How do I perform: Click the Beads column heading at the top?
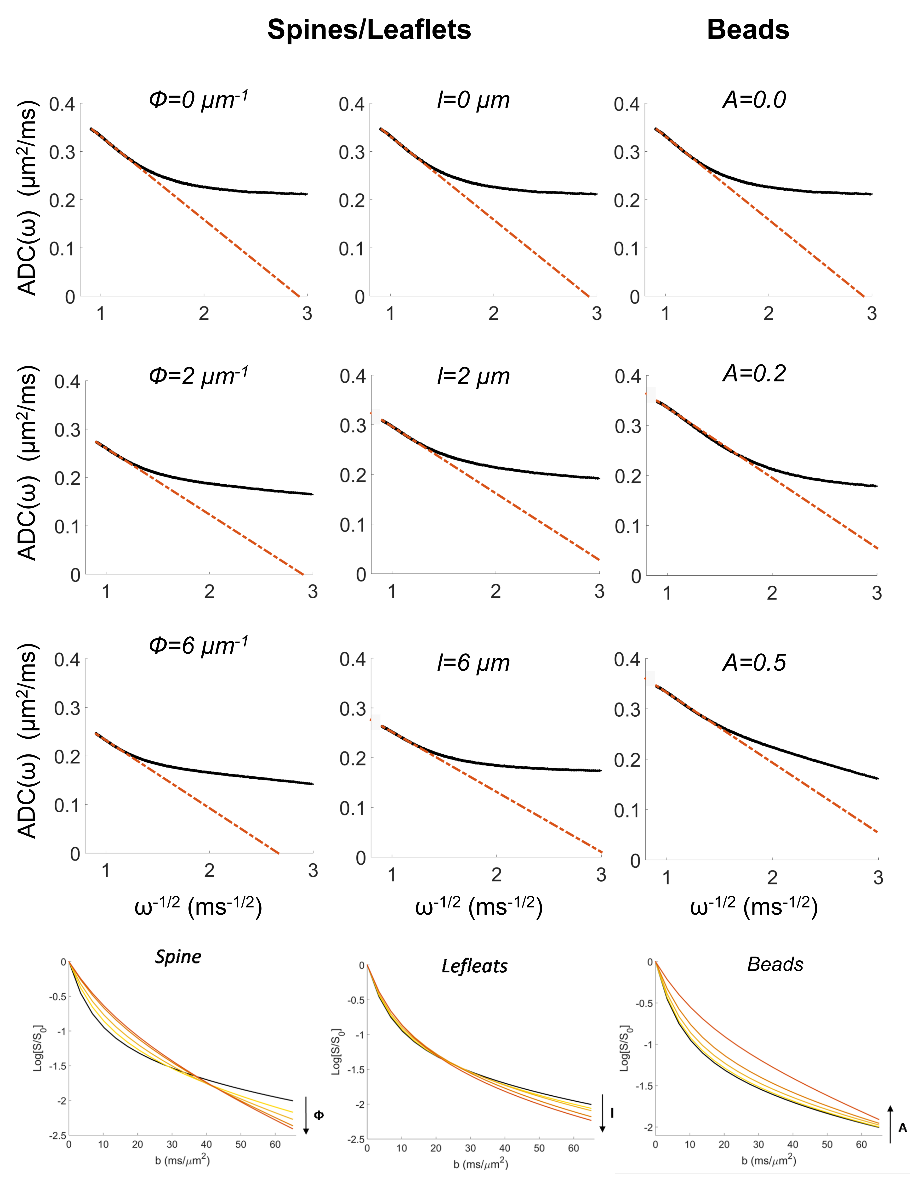748,30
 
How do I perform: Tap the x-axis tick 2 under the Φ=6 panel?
209,871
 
